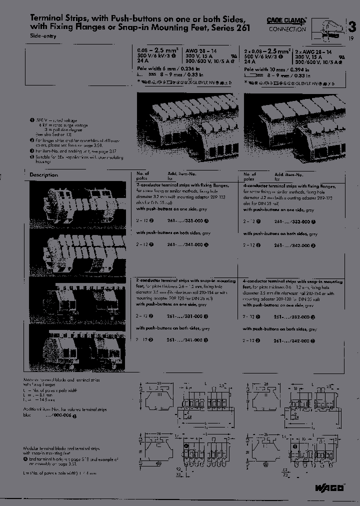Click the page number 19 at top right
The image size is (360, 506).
(351, 38)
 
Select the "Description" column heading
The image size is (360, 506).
(43, 175)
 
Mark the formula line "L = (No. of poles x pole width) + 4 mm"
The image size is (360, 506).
(59, 472)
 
